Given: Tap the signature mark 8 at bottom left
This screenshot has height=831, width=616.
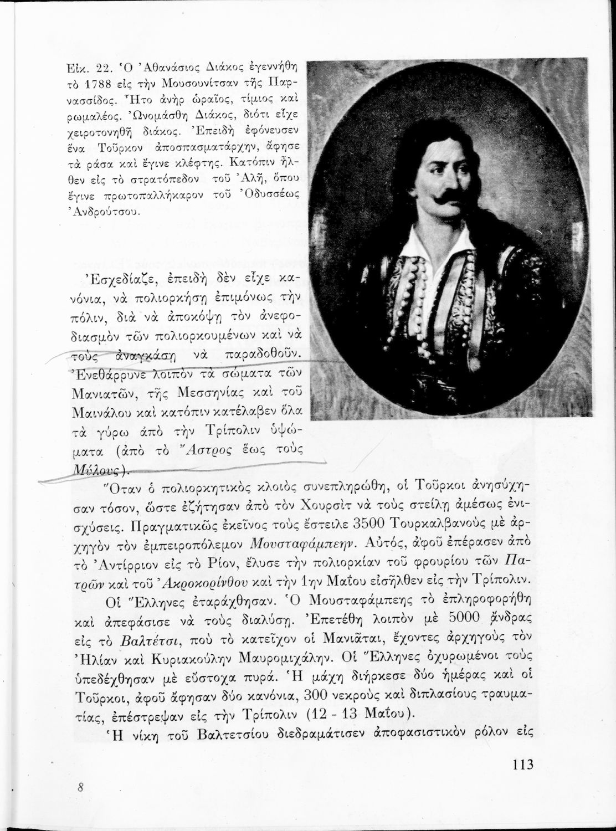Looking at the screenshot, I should click(80, 789).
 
